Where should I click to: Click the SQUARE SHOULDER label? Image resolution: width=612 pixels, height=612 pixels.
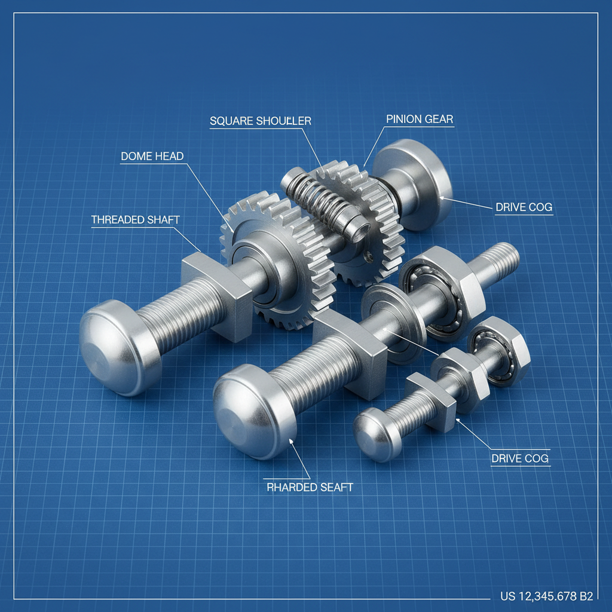260,121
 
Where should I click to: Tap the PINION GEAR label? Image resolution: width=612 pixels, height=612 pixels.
420,119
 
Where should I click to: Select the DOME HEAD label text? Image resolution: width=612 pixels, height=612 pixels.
152,157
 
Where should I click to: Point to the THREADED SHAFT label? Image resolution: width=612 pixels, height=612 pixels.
135,219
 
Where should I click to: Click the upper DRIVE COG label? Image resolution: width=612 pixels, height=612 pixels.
524,208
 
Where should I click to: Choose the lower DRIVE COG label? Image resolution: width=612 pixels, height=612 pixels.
519,458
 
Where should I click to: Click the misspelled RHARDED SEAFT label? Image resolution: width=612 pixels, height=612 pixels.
309,487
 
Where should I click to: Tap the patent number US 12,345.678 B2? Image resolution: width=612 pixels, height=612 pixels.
546,596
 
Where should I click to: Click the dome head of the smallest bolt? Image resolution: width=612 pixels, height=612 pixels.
376,434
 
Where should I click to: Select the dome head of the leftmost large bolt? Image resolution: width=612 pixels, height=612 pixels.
117,348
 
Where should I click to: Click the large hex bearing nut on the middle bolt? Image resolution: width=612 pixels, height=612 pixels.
442,292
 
